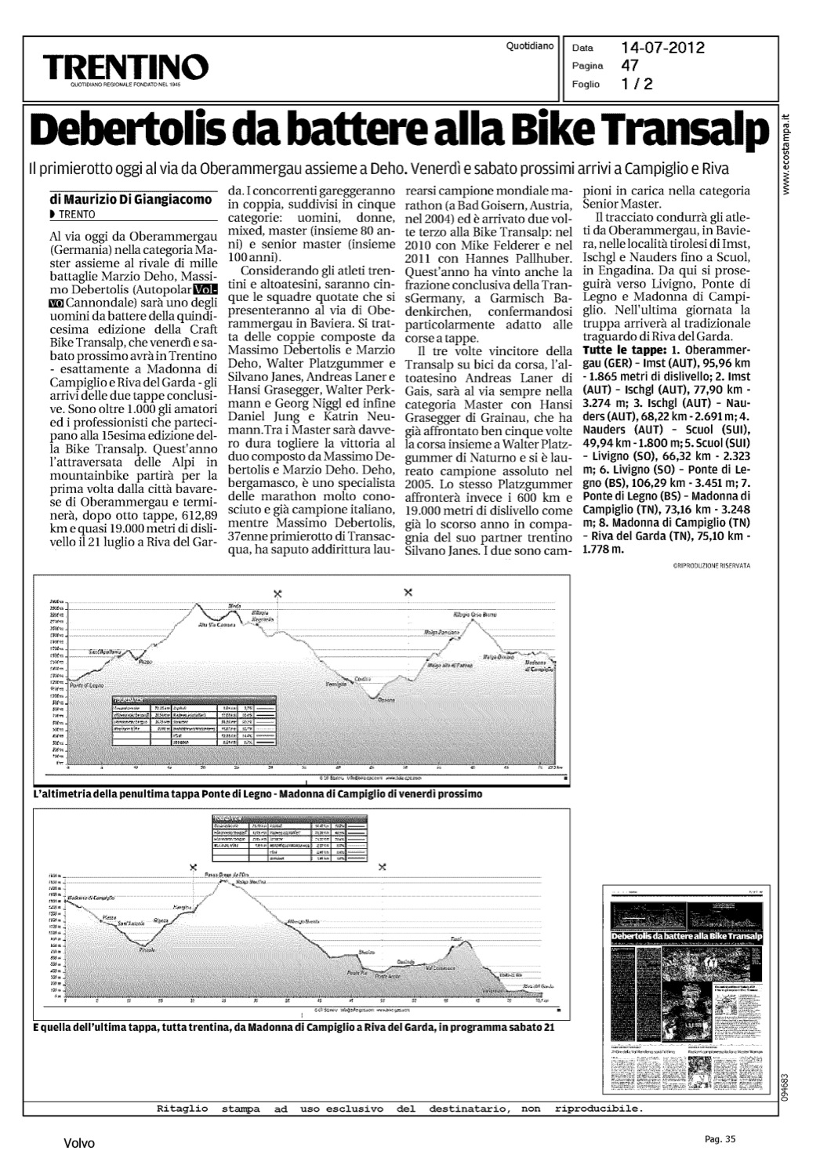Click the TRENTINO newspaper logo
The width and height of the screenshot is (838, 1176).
[x=126, y=66]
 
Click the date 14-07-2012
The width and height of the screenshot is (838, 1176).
[x=662, y=48]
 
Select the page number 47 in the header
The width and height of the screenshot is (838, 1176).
[x=629, y=65]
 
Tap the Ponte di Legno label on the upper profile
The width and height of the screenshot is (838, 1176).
[x=87, y=685]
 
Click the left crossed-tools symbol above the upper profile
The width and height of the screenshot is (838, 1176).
[x=278, y=593]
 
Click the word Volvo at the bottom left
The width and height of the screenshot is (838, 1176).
[x=79, y=1144]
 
